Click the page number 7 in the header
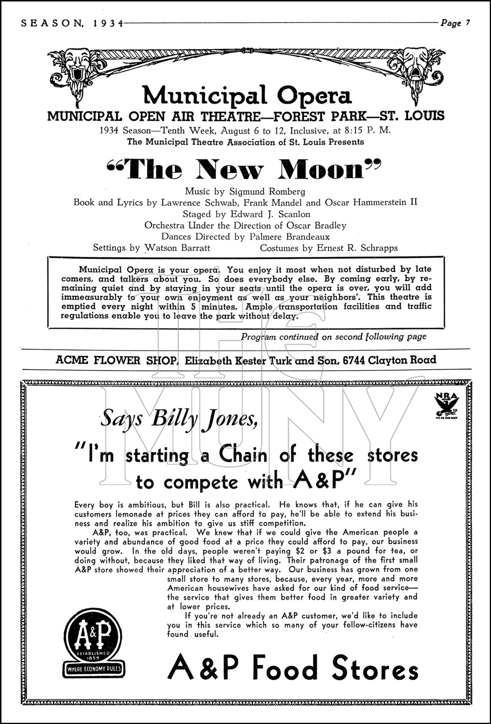[x=468, y=23]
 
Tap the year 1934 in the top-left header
[x=108, y=23]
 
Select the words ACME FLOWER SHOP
[x=116, y=360]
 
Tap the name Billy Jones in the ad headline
[x=204, y=419]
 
